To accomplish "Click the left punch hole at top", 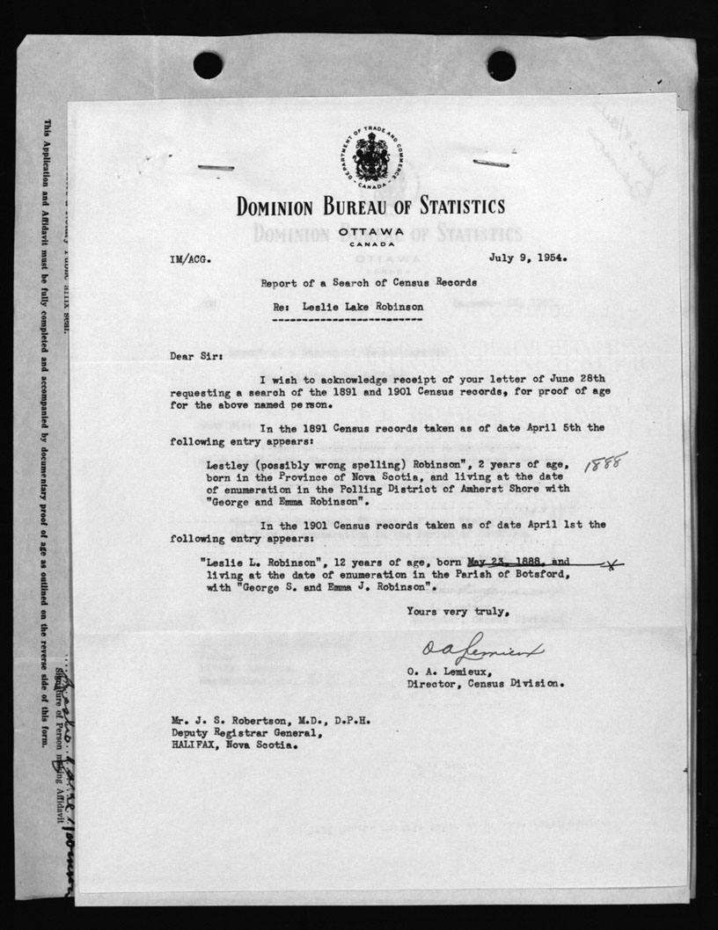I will (208, 64).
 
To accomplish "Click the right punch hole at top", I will (501, 64).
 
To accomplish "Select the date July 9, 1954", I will (528, 259).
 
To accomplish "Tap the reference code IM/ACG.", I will (190, 260).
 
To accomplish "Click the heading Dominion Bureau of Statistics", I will (370, 207).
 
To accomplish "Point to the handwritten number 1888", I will (605, 462).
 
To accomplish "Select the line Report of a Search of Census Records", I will (369, 282).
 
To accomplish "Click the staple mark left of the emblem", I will (216, 167).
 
